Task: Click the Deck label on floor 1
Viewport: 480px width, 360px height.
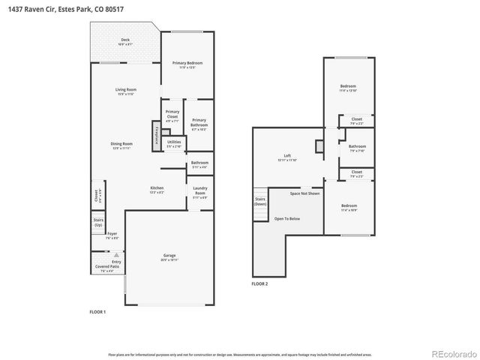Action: point(125,42)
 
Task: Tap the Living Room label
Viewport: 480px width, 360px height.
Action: point(125,91)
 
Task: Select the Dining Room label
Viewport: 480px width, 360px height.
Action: point(121,145)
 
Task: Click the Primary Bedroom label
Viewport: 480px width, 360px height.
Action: point(187,64)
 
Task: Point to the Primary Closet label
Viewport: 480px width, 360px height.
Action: point(172,115)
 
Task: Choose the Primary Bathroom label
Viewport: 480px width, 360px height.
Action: point(199,124)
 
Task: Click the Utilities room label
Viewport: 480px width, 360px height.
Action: point(173,143)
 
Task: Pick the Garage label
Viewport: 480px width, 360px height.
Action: point(169,256)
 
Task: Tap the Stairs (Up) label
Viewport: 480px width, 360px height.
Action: point(98,223)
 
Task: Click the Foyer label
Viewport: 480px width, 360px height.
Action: point(112,235)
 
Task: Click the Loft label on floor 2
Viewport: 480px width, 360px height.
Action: point(287,157)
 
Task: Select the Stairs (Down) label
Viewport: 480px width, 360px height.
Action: point(259,201)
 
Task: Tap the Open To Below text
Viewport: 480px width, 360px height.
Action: point(287,219)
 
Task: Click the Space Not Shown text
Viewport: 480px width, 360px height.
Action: point(305,193)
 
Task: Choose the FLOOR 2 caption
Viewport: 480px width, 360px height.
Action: point(259,284)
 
